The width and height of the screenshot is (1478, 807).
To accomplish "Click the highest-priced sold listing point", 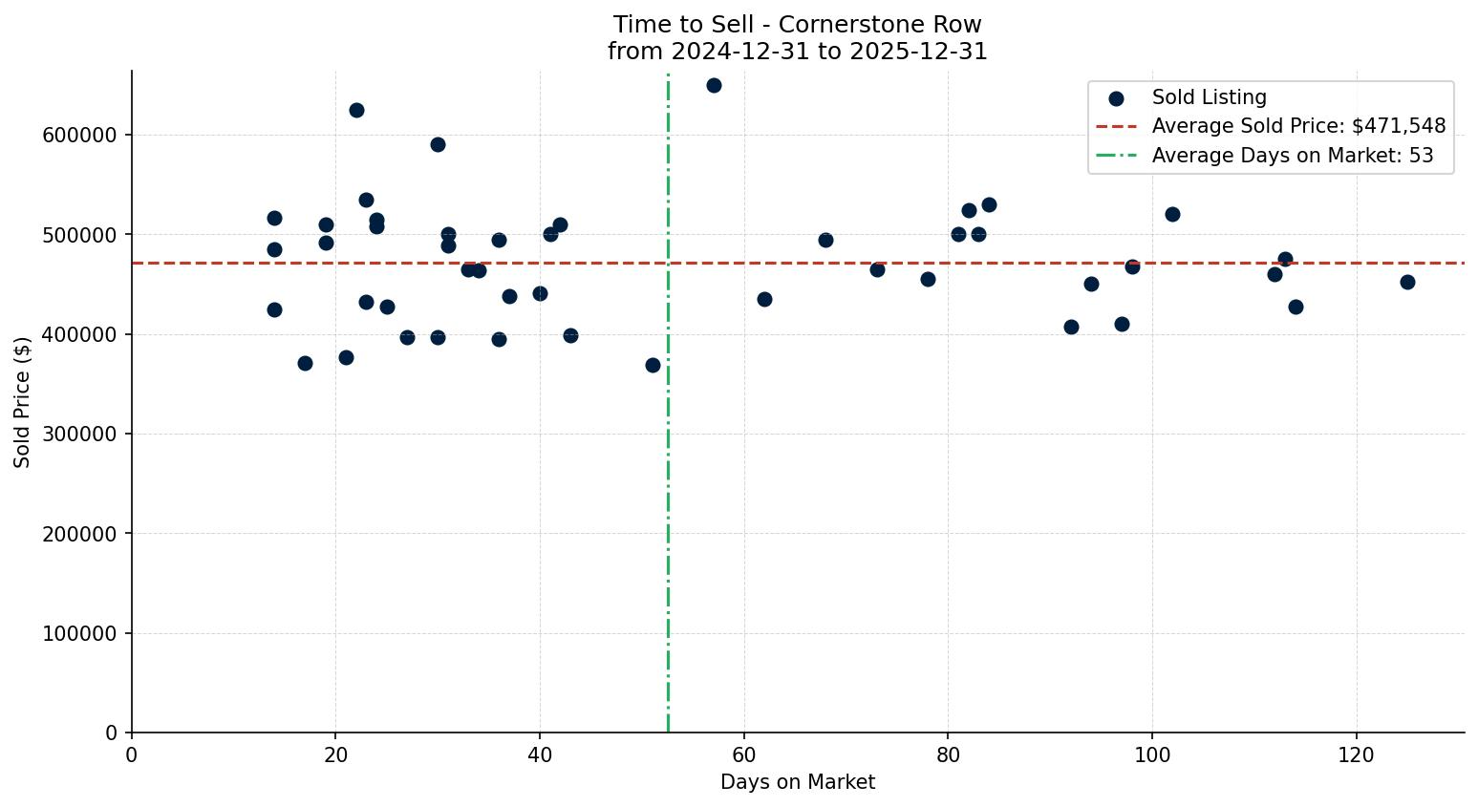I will tap(714, 85).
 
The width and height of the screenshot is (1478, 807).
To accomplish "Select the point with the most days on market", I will tap(1407, 282).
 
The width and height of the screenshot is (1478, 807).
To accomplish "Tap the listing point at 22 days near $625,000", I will tap(356, 110).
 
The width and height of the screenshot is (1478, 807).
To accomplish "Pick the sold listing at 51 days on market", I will tap(653, 365).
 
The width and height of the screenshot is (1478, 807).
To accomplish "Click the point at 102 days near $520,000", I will tap(1172, 214).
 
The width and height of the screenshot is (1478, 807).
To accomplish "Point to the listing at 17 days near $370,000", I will tap(305, 363).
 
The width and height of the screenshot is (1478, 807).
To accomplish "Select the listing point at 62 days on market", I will tap(764, 299).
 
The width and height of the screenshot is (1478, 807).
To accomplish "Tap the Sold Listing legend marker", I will tap(1116, 97).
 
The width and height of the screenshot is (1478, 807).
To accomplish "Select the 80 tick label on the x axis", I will tap(948, 754).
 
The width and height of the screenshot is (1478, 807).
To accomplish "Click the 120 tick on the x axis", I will tap(1356, 754).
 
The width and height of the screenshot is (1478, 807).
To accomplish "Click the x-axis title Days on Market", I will tap(798, 782).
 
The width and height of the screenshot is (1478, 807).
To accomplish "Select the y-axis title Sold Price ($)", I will tap(22, 401).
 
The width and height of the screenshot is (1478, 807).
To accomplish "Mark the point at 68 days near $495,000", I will tap(825, 240).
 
